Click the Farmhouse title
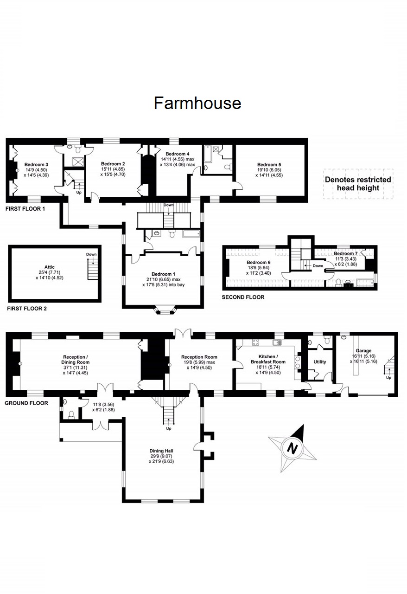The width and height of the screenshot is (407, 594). (197, 103)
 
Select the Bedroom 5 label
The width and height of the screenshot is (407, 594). (269, 165)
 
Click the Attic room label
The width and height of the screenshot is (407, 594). (50, 267)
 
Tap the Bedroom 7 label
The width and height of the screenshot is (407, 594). (345, 254)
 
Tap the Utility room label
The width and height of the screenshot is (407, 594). (320, 362)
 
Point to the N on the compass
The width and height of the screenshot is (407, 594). (292, 448)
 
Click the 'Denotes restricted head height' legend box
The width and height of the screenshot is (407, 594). (358, 184)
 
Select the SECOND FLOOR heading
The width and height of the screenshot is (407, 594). (243, 297)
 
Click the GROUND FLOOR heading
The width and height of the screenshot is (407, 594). (26, 403)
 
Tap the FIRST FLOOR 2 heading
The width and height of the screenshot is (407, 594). (26, 308)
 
